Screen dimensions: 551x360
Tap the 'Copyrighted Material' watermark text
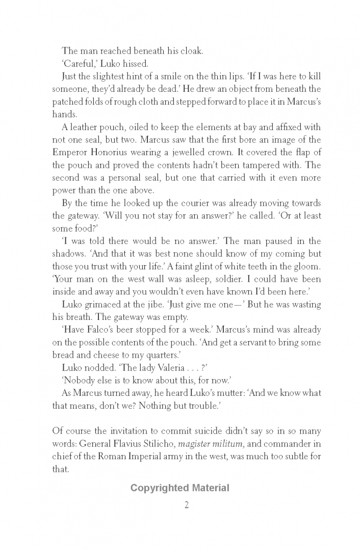click(179, 488)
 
